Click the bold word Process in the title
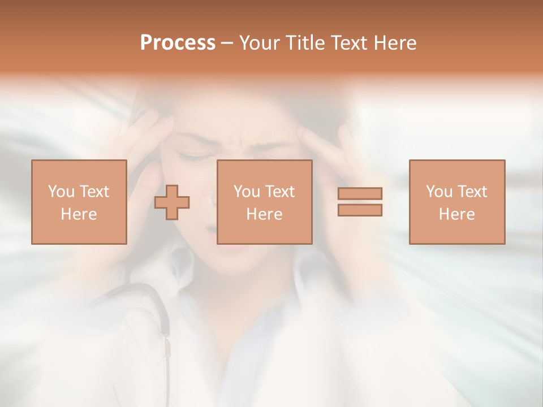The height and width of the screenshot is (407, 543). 178,43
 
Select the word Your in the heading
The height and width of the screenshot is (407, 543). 259,43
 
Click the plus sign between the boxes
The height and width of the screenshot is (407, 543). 172,202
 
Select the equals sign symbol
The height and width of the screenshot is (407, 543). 360,202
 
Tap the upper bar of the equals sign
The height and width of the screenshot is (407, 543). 360,194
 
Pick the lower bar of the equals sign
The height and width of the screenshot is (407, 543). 360,210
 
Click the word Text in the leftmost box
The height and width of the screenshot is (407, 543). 93,192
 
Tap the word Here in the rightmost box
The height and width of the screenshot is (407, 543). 456,214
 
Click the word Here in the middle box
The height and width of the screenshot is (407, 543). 264,214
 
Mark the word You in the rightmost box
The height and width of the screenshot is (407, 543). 439,192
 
